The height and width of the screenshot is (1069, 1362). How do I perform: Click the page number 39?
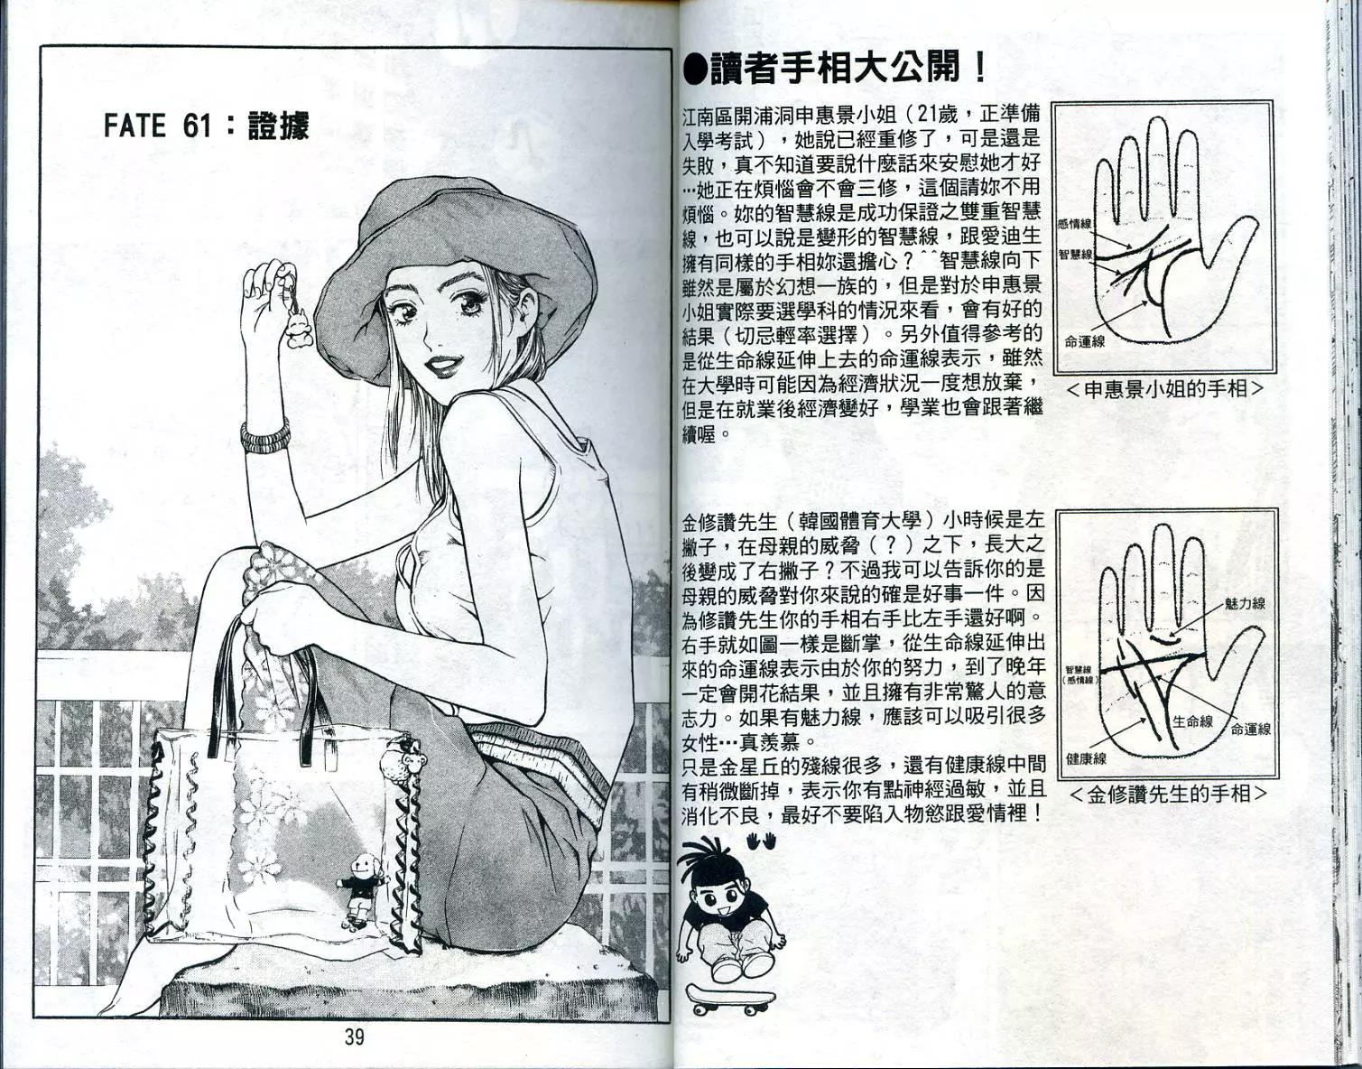coord(354,1037)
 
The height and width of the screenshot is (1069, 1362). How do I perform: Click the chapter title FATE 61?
coord(157,125)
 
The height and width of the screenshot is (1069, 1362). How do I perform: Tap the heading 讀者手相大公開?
coord(835,68)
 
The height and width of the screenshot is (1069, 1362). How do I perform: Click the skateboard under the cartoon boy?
coord(730,998)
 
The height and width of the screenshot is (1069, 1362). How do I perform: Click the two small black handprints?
coord(762,841)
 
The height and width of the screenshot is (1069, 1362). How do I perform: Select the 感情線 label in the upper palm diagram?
coord(1074,224)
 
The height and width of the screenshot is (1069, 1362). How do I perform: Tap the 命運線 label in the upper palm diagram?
coord(1085,341)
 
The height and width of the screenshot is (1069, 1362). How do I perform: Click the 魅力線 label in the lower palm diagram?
coord(1245,604)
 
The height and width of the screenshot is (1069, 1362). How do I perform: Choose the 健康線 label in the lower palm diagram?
coord(1086,758)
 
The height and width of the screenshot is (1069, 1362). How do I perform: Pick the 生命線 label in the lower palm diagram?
coord(1192,721)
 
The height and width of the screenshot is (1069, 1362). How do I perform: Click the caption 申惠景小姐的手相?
coord(1164,389)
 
